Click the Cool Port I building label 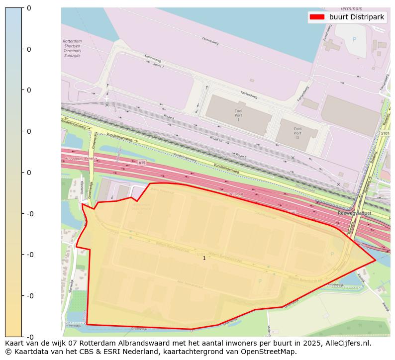[238, 115]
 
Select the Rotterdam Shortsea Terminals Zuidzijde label [72, 48]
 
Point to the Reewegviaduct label [355, 213]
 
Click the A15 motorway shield [142, 163]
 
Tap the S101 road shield [385, 134]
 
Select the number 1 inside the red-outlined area [204, 258]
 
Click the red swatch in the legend [317, 17]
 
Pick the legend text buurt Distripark [357, 17]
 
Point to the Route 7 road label [158, 65]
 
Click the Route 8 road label [169, 117]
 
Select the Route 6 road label [241, 157]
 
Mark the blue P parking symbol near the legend [354, 39]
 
